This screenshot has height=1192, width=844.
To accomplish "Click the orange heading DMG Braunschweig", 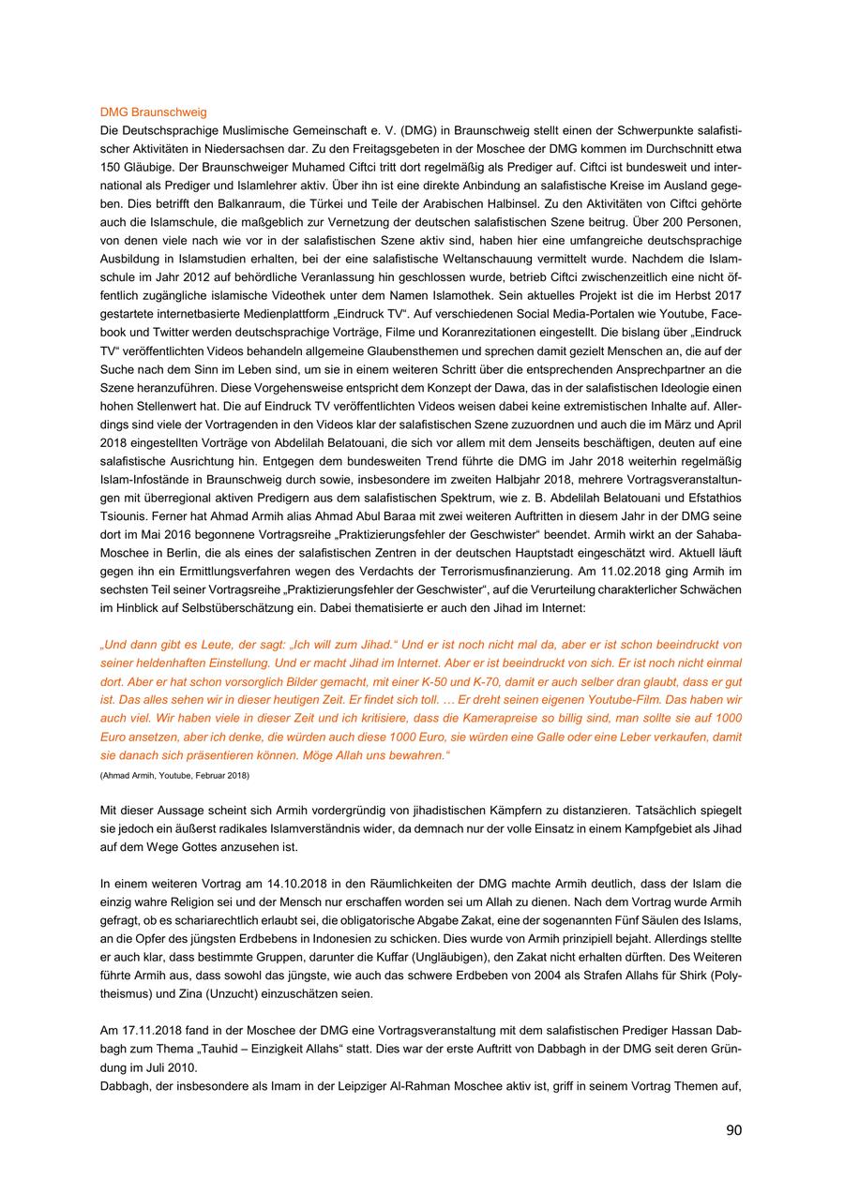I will coord(153,112).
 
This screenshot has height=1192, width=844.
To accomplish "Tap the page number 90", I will coord(733,1130).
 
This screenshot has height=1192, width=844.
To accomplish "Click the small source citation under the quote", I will coord(174,775).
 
